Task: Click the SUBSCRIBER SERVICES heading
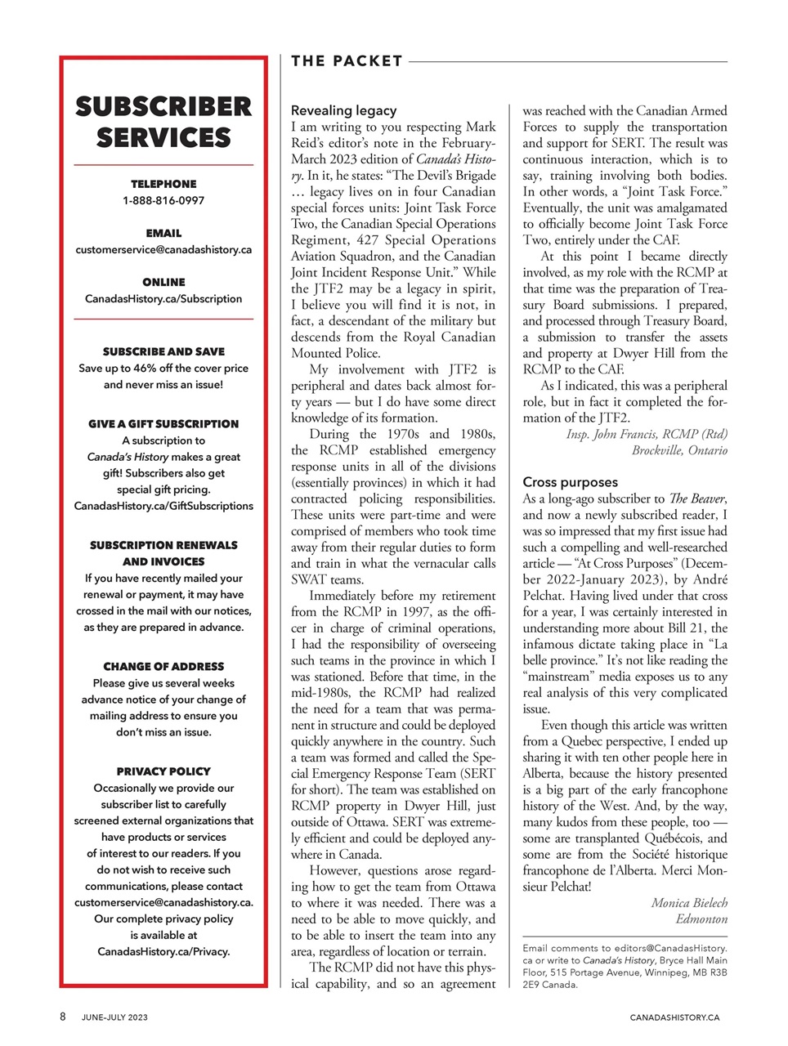coord(163,122)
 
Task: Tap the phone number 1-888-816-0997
coord(163,200)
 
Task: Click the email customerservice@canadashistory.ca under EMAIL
coord(163,249)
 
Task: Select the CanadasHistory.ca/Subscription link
coord(163,298)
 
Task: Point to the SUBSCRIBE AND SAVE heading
coord(163,351)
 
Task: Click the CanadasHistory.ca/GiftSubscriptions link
coord(163,506)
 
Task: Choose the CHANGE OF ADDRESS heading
coord(163,666)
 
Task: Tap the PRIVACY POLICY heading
coord(163,771)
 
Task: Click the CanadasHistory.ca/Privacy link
coord(163,951)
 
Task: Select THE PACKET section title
coord(347,61)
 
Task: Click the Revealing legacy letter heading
coord(343,110)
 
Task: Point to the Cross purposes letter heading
coord(570,482)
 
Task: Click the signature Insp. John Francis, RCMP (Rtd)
coord(647,434)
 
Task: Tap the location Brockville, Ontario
coord(678,450)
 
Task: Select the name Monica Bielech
coord(689,903)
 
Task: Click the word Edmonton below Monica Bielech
coord(701,919)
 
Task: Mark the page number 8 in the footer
coord(62,1017)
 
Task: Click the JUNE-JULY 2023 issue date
coord(114,1017)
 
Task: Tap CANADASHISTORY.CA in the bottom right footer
coord(674,1017)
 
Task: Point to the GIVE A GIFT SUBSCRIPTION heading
coord(163,423)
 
